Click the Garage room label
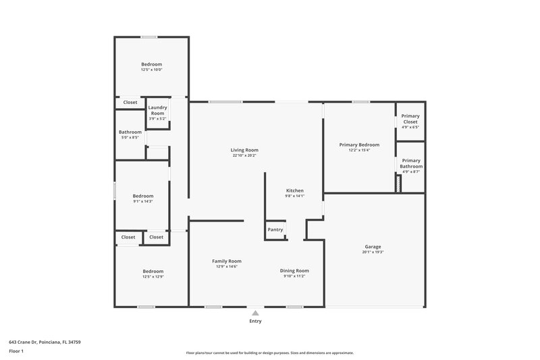pos(373,247)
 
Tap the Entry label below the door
pos(254,321)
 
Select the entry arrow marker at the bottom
pos(254,312)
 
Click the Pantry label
pos(275,230)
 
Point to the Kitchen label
pos(295,190)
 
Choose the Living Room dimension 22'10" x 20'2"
pos(244,155)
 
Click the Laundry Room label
pos(157,109)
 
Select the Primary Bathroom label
pos(410,163)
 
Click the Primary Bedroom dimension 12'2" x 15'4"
pos(359,150)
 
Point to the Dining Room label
pos(294,270)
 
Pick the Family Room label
pos(227,261)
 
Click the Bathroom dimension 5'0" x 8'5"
pos(130,137)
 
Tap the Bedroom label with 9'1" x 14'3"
pos(142,196)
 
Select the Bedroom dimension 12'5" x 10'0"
pos(151,70)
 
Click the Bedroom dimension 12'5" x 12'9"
pos(153,277)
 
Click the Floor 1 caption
pos(16,352)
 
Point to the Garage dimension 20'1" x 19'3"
pos(373,252)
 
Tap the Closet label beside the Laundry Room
pos(130,103)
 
